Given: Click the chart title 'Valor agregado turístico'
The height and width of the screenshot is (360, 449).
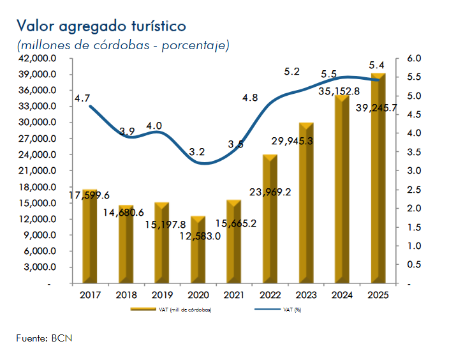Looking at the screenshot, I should click(x=101, y=26).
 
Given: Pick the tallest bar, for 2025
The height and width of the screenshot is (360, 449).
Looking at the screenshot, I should click(x=379, y=179).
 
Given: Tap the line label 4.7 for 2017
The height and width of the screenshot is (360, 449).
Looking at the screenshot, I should click(x=82, y=98).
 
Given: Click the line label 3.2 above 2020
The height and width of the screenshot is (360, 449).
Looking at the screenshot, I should click(x=197, y=152).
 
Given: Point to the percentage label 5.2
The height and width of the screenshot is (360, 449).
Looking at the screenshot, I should click(x=291, y=71).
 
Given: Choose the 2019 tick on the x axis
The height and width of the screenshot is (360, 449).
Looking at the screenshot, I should click(x=162, y=295).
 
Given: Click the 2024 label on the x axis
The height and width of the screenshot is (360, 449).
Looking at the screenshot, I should click(x=342, y=295).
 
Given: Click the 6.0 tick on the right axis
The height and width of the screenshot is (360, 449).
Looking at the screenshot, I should click(x=414, y=58).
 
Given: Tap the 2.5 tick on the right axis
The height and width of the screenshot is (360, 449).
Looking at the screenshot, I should click(x=414, y=190).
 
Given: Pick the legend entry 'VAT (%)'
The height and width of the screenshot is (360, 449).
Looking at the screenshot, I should click(x=293, y=310).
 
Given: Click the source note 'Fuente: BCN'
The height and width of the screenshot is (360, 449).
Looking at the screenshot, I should click(x=44, y=338).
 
